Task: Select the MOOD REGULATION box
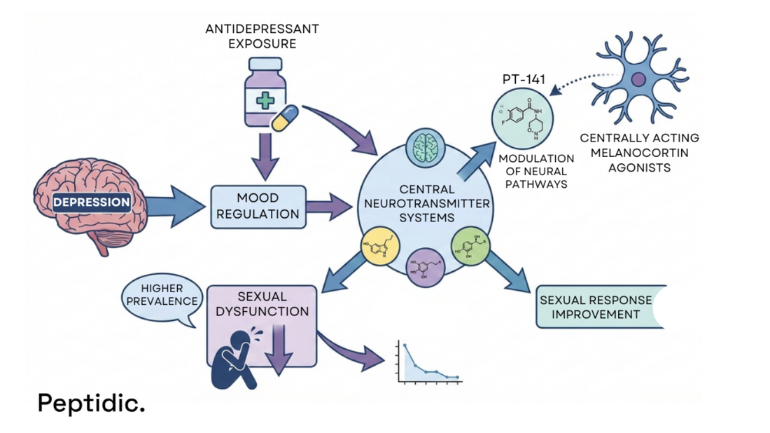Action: (x=258, y=207)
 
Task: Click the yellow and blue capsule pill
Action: (x=286, y=118)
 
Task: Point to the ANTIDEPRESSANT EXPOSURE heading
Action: (x=262, y=36)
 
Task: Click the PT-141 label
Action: (x=524, y=78)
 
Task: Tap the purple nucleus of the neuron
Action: (x=638, y=80)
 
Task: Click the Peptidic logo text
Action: (x=91, y=403)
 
